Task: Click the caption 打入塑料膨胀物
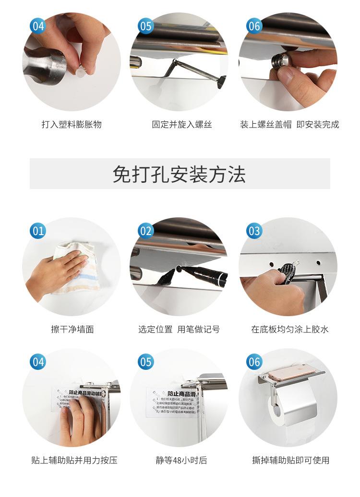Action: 72,125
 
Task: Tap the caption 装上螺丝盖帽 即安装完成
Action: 289,125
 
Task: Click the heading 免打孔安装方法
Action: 180,174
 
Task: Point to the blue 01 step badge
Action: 38,231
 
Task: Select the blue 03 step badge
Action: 254,231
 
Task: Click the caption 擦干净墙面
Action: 72,329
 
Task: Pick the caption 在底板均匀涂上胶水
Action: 289,329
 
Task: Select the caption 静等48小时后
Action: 181,460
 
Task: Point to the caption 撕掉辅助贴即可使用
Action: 290,460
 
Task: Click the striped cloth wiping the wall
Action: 72,269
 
